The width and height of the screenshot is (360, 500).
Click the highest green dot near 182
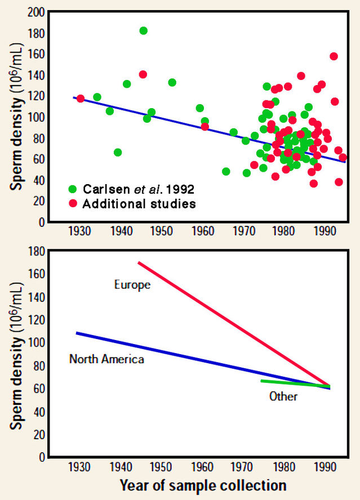coord(144,30)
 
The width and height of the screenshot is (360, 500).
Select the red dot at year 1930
coord(81,99)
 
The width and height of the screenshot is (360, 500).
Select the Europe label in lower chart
coord(132,285)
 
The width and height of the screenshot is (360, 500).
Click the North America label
coord(106,359)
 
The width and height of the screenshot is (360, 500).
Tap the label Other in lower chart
coord(283,396)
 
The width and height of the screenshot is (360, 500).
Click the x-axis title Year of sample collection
coord(203,485)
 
